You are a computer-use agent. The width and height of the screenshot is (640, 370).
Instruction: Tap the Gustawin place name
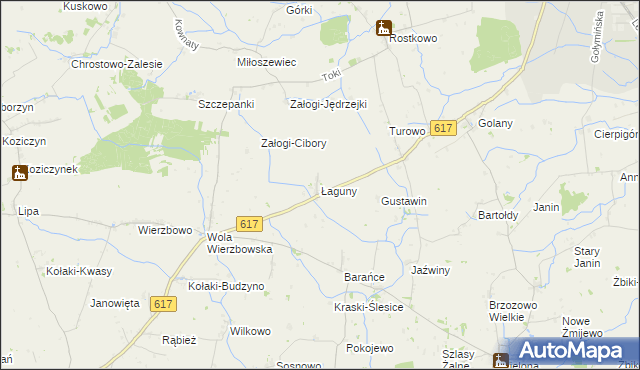[x=404, y=201]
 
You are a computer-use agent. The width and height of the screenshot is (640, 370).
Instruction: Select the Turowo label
[x=407, y=131]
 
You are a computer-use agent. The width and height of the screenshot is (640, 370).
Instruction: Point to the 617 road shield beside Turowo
[x=444, y=128]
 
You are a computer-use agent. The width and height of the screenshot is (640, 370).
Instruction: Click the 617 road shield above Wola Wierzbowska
[x=250, y=225]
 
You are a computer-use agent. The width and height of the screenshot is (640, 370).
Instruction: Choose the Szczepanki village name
[x=227, y=104]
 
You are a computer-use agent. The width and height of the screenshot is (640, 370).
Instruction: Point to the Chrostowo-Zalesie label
[x=116, y=64]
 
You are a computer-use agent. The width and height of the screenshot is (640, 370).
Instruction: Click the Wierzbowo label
[x=164, y=230]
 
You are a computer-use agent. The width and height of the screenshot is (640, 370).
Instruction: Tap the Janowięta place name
[x=115, y=302]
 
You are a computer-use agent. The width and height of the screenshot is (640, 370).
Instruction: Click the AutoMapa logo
[x=573, y=351]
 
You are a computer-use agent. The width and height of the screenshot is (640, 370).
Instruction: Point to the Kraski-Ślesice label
[x=368, y=307]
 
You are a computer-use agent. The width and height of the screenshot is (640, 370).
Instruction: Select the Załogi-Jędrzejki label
[x=329, y=104]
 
